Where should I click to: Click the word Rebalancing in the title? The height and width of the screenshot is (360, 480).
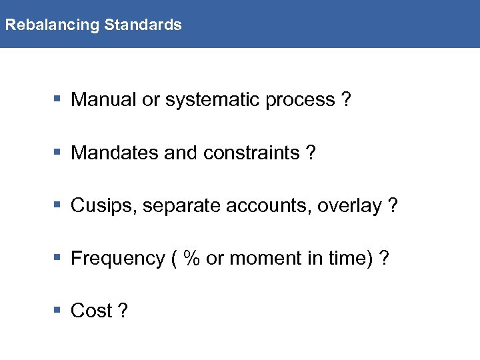coord(51,25)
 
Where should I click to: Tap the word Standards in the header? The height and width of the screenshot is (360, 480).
coord(143,25)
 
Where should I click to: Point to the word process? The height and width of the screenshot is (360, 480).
coord(300,101)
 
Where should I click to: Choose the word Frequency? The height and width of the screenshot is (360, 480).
coord(117,259)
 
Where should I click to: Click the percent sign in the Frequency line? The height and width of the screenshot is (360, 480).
coord(192,258)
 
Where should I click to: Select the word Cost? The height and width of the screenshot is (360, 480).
coord(91,311)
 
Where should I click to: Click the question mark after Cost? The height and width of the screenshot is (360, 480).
coord(123,311)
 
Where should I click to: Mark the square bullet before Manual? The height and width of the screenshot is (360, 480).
coord(57,100)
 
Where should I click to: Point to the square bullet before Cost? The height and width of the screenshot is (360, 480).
coord(57,311)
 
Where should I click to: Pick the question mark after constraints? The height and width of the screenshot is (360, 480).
coord(311,153)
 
